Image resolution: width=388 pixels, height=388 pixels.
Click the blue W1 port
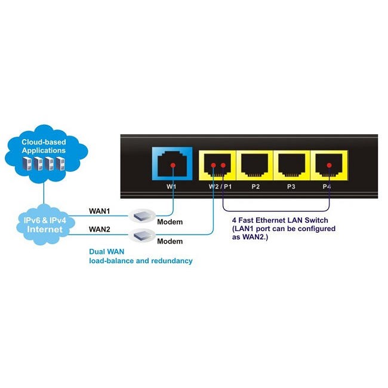(173, 164)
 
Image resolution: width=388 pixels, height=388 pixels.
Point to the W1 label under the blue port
(171, 187)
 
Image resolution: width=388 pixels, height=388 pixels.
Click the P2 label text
(255, 187)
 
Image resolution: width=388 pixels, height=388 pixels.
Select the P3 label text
(291, 187)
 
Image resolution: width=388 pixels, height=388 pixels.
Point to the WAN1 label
(99, 211)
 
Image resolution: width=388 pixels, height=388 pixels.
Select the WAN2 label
(99, 229)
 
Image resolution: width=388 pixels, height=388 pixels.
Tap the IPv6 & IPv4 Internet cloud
(44, 224)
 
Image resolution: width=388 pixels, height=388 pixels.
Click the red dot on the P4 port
(329, 165)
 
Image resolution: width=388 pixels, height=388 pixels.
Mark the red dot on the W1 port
(173, 164)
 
